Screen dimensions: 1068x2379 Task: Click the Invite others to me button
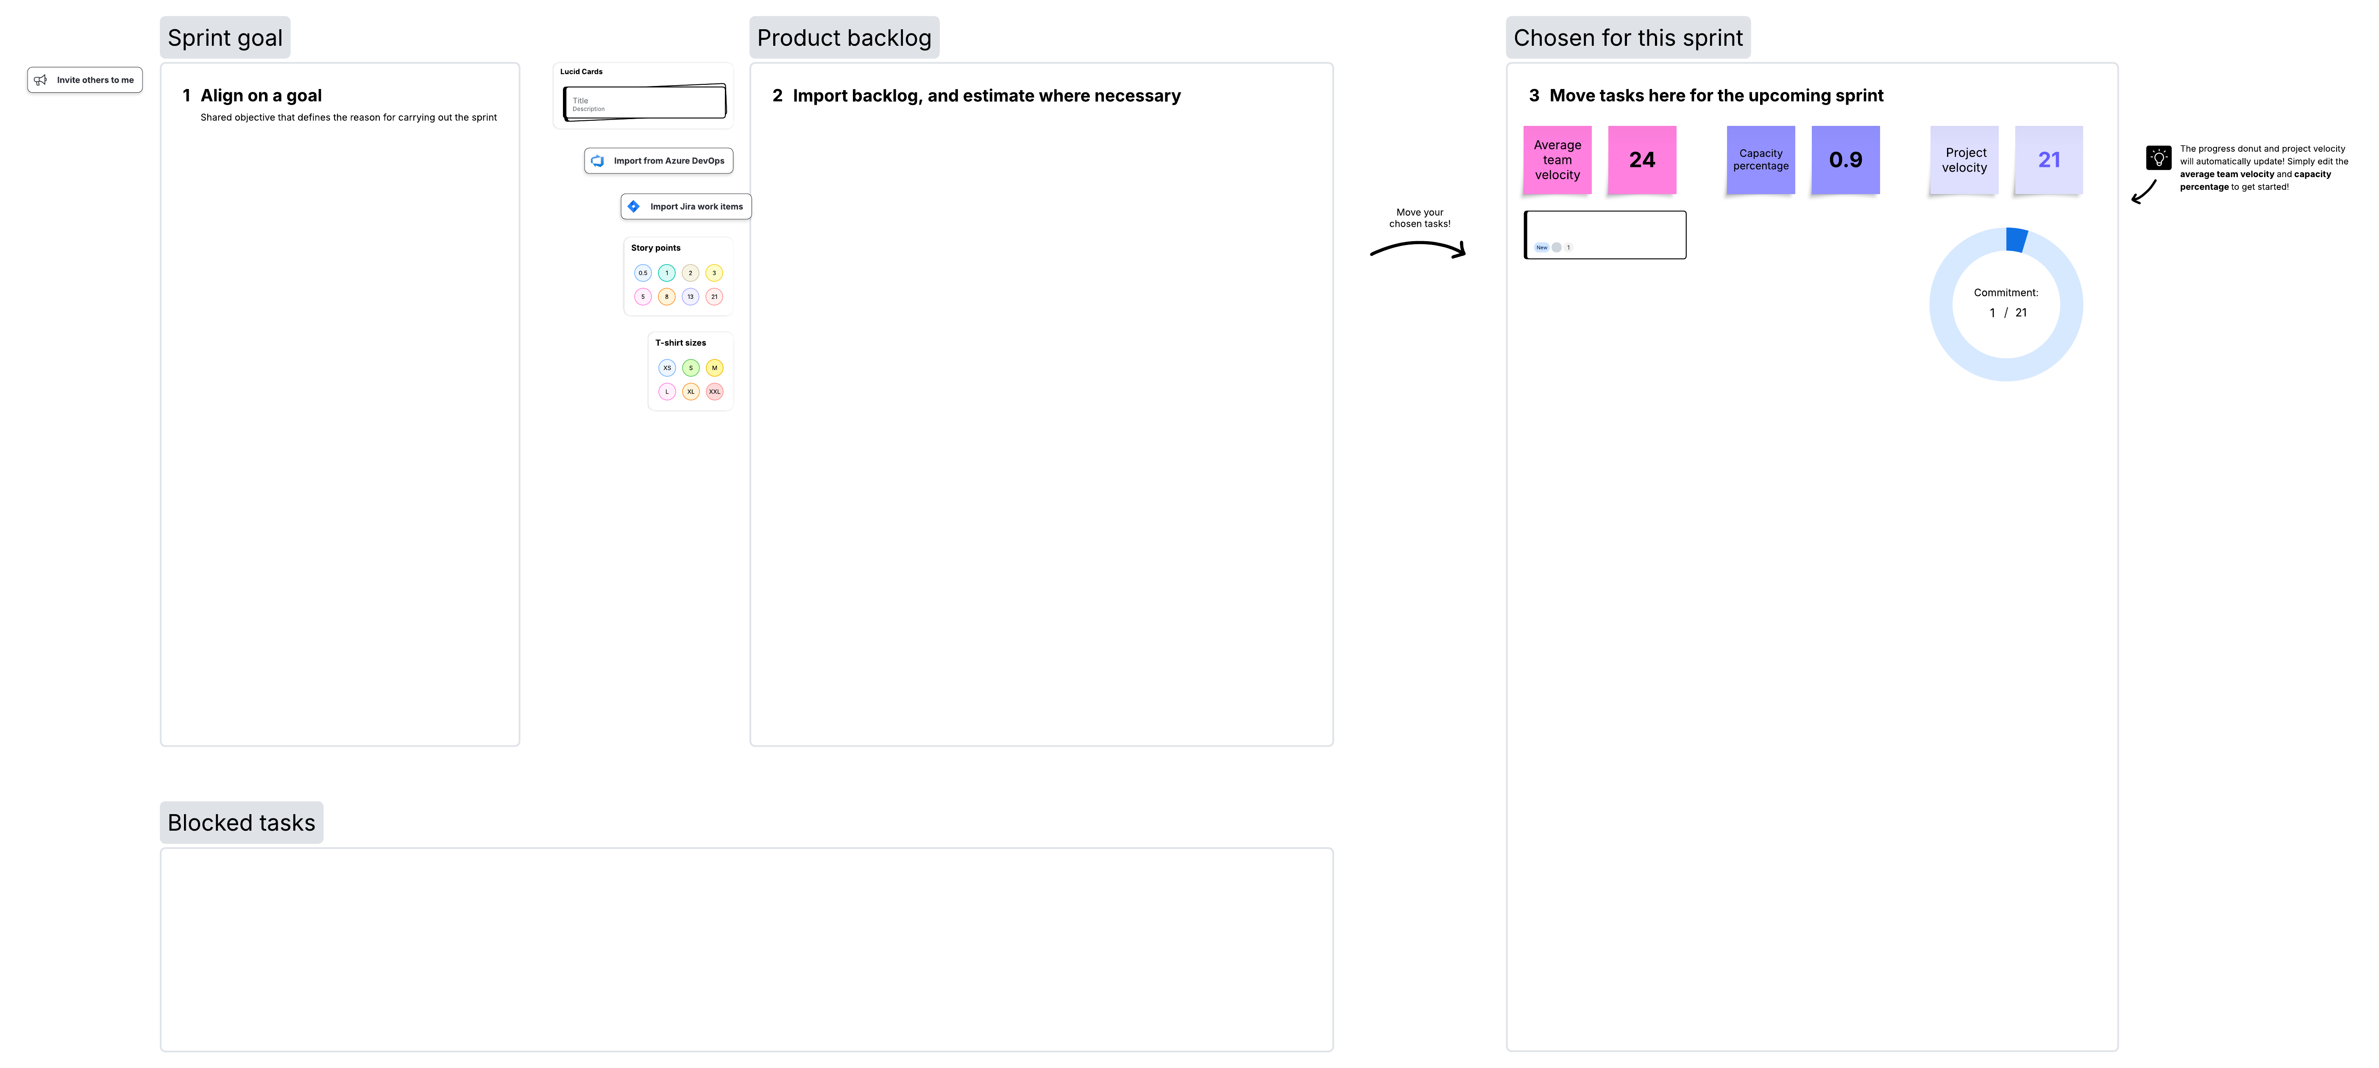pos(85,80)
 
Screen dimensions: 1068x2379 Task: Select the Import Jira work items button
pos(686,207)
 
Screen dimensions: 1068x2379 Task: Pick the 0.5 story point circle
pos(643,273)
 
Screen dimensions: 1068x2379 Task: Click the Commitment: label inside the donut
pos(2005,292)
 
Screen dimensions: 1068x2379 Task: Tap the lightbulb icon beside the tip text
pos(2158,158)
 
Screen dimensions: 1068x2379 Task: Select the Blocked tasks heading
pos(241,823)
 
